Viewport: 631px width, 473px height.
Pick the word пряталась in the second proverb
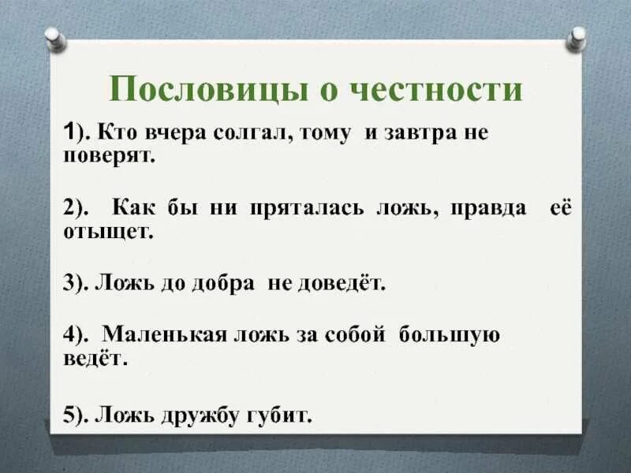point(308,209)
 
